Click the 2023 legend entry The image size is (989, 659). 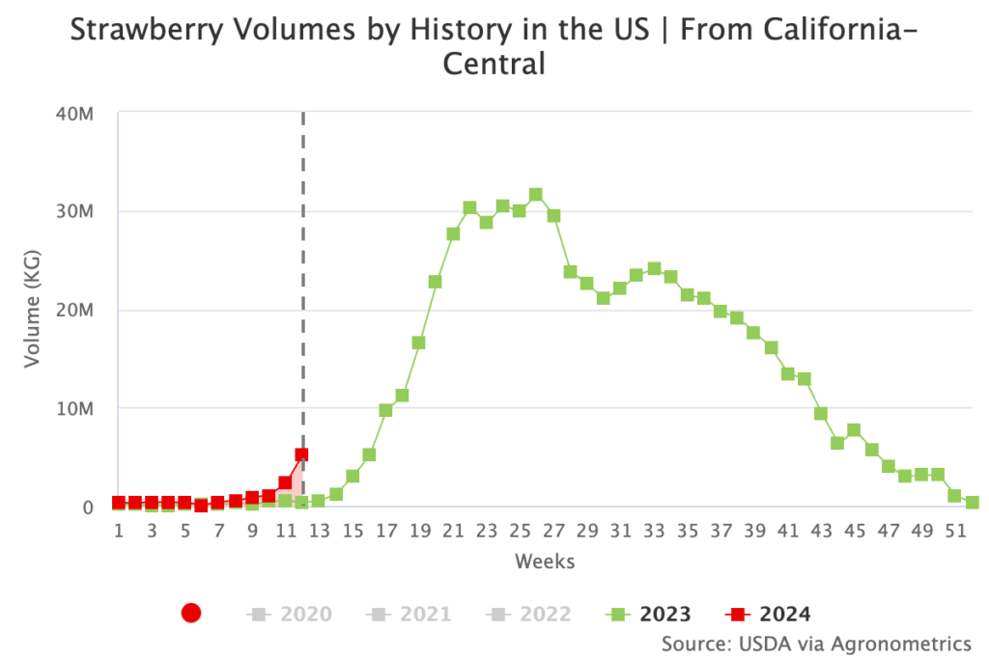pyautogui.click(x=648, y=614)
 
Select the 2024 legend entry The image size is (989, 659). pyautogui.click(x=769, y=614)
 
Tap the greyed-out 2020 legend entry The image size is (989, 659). pyautogui.click(x=290, y=614)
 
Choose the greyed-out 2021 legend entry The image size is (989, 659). pyautogui.click(x=410, y=614)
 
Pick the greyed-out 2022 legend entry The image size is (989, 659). pyautogui.click(x=529, y=614)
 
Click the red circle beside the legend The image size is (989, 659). pyautogui.click(x=191, y=613)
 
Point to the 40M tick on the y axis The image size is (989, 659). pyautogui.click(x=73, y=114)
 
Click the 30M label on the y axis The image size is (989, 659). pyautogui.click(x=73, y=212)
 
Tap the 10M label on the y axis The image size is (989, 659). pyautogui.click(x=73, y=409)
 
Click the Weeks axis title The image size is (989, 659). pyautogui.click(x=544, y=562)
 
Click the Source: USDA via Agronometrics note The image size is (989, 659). pyautogui.click(x=816, y=643)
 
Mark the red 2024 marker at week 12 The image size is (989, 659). pyautogui.click(x=301, y=454)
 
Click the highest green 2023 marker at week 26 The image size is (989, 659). pyautogui.click(x=536, y=195)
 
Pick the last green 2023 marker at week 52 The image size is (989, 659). pyautogui.click(x=972, y=503)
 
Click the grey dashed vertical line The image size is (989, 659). pyautogui.click(x=303, y=289)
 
